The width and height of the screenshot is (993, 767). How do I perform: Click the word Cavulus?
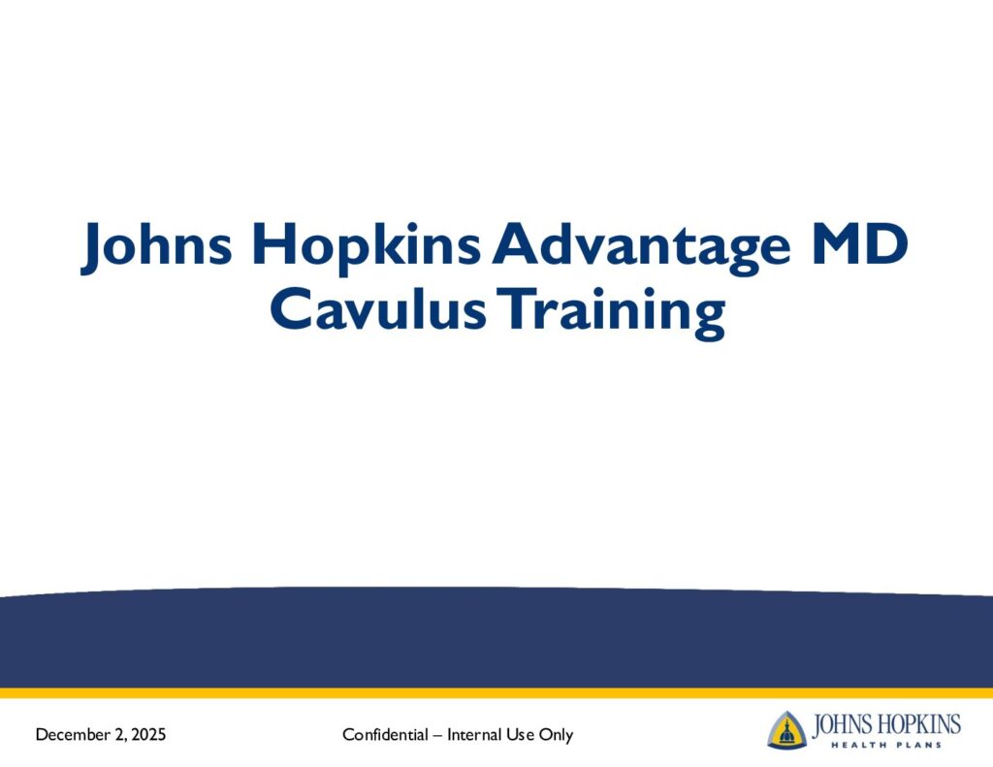378,308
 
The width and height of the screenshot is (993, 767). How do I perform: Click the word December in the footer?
73,734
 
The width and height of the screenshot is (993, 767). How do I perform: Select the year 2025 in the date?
148,734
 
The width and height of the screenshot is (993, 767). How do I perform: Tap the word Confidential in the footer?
385,734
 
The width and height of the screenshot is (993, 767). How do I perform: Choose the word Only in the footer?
556,735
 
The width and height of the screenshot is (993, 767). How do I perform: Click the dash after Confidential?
437,735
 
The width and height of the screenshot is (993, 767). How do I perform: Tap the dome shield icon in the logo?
787,730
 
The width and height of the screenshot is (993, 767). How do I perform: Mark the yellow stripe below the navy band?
496,693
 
